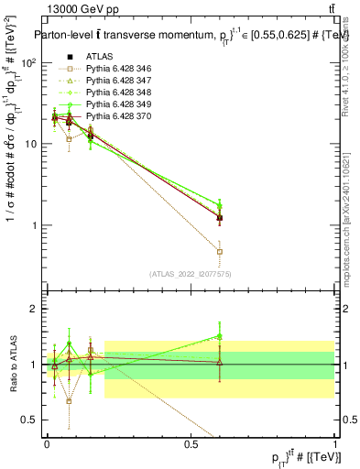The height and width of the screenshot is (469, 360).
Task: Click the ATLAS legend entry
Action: (x=101, y=56)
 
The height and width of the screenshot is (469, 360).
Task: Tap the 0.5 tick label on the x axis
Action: (x=191, y=443)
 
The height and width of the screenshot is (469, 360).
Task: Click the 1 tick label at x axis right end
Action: (x=335, y=443)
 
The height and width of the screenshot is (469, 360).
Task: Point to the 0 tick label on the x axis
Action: (x=47, y=443)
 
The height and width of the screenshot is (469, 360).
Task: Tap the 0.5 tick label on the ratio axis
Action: (x=29, y=420)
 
